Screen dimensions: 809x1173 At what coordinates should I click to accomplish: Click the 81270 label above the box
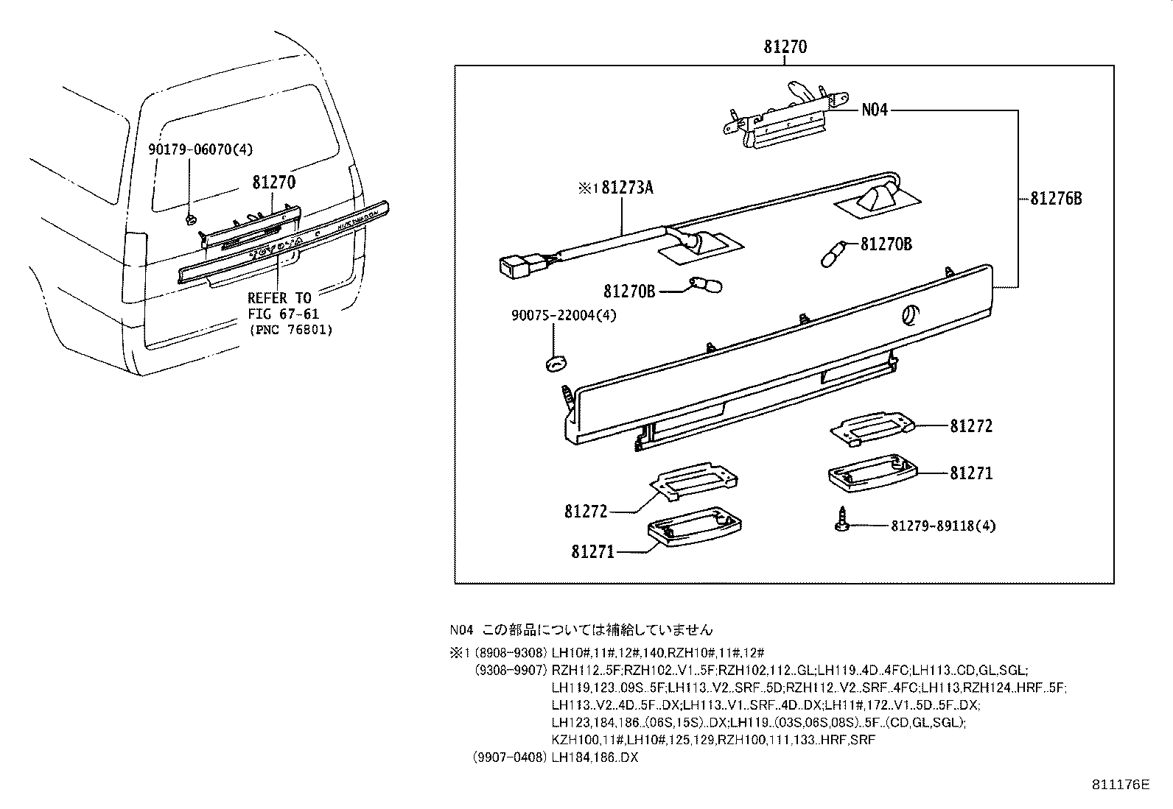coord(785,47)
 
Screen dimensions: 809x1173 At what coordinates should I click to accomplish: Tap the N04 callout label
coord(875,110)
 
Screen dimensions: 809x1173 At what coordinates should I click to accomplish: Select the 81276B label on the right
coord(1055,198)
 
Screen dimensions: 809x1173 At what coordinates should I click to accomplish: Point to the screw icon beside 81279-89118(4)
coord(841,520)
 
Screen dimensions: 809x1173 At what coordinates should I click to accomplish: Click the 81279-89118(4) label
coord(943,526)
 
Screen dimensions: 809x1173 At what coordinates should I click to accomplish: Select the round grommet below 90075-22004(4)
coord(558,362)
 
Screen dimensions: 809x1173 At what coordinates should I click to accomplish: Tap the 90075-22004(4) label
coord(564,315)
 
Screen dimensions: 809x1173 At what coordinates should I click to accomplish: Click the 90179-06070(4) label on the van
coord(200,149)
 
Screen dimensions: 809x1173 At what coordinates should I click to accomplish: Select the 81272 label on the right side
coord(971,426)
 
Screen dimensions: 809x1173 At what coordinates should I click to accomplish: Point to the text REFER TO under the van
coord(279,298)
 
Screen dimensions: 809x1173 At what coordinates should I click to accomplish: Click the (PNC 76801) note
coord(290,330)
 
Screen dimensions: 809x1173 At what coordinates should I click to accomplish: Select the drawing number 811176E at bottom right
coord(1120,785)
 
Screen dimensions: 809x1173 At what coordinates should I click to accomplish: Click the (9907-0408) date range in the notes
coord(510,757)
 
